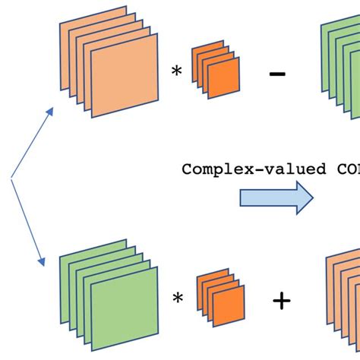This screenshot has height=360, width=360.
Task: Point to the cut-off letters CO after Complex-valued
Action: click(346, 169)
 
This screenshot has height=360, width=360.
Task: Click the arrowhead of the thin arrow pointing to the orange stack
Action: click(50, 111)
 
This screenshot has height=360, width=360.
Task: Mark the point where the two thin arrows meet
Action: click(11, 179)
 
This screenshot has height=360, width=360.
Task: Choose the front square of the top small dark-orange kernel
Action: click(225, 80)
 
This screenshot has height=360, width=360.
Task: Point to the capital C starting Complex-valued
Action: click(187, 169)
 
